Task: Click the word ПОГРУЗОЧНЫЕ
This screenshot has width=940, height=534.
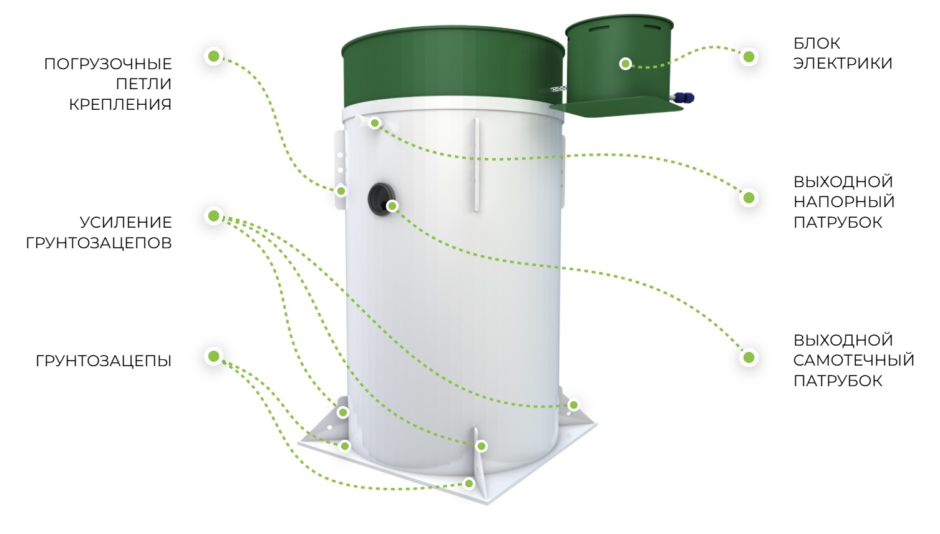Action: click(108, 64)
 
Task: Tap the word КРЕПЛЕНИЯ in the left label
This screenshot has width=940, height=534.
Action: click(120, 105)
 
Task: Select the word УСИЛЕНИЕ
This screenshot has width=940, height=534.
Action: click(126, 223)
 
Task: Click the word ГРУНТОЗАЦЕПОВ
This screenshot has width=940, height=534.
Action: click(99, 243)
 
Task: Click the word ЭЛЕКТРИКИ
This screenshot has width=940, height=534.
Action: click(843, 64)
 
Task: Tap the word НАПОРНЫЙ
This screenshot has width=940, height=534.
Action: click(844, 202)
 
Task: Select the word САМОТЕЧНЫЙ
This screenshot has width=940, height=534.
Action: click(853, 360)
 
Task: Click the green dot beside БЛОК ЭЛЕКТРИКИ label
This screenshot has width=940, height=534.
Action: click(749, 57)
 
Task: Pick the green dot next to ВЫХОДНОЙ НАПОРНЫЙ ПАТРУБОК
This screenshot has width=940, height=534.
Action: click(749, 198)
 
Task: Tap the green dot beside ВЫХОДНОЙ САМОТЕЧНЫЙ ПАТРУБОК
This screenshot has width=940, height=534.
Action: click(749, 357)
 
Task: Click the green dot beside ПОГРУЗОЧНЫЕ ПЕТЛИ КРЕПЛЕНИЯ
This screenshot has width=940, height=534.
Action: click(214, 56)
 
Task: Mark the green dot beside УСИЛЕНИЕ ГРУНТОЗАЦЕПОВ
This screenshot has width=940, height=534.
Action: click(214, 216)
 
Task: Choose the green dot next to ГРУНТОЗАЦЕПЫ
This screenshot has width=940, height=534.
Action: click(214, 356)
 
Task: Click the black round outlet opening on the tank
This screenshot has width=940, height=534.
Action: click(380, 199)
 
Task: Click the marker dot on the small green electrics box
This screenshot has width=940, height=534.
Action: click(626, 64)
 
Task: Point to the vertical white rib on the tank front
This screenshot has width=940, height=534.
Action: click(477, 165)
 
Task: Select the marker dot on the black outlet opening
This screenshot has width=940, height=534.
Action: click(392, 206)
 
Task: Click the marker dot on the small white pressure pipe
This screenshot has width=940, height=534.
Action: click(375, 123)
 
